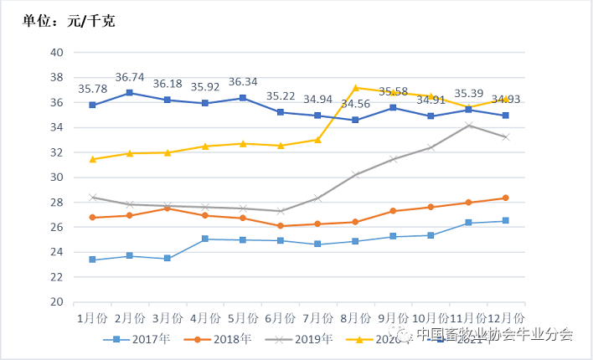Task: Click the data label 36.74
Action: tap(130, 76)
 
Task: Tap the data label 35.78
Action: tap(92, 89)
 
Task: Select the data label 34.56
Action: tap(355, 103)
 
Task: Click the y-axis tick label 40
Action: tap(57, 52)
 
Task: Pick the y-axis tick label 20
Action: tap(57, 301)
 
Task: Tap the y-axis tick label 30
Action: tap(57, 177)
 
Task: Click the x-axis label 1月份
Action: tap(92, 318)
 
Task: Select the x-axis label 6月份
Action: tap(280, 318)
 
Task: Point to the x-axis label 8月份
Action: tap(355, 318)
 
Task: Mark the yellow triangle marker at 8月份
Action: tap(355, 87)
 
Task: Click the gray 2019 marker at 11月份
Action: tap(468, 126)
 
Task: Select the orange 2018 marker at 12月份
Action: tap(506, 198)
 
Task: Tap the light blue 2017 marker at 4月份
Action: tap(205, 239)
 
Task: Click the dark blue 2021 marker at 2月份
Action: tap(130, 93)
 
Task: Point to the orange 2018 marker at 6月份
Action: tap(280, 226)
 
